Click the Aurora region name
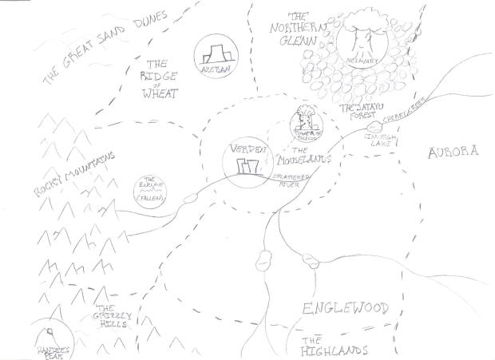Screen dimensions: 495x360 pos(452,152)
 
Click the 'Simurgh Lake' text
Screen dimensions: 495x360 pos(374,140)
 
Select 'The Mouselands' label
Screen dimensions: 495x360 pos(307,155)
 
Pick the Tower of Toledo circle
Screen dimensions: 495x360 pos(307,123)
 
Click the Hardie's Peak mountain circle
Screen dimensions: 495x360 pos(51,339)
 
